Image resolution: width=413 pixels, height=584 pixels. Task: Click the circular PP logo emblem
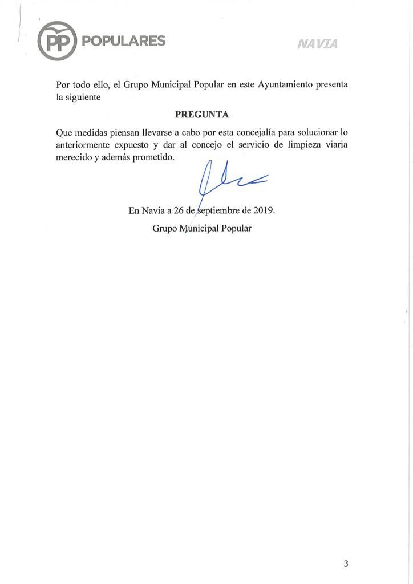point(57,40)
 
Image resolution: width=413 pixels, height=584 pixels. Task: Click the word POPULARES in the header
point(124,40)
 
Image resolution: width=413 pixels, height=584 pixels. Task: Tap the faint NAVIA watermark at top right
point(317,44)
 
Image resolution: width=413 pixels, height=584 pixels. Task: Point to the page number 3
point(346,564)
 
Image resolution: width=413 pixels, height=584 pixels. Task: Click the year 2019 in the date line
point(264,210)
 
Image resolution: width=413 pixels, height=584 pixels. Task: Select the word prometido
point(154,157)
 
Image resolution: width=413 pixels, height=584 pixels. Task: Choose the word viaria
point(334,145)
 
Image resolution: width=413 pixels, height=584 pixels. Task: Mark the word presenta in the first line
point(331,84)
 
